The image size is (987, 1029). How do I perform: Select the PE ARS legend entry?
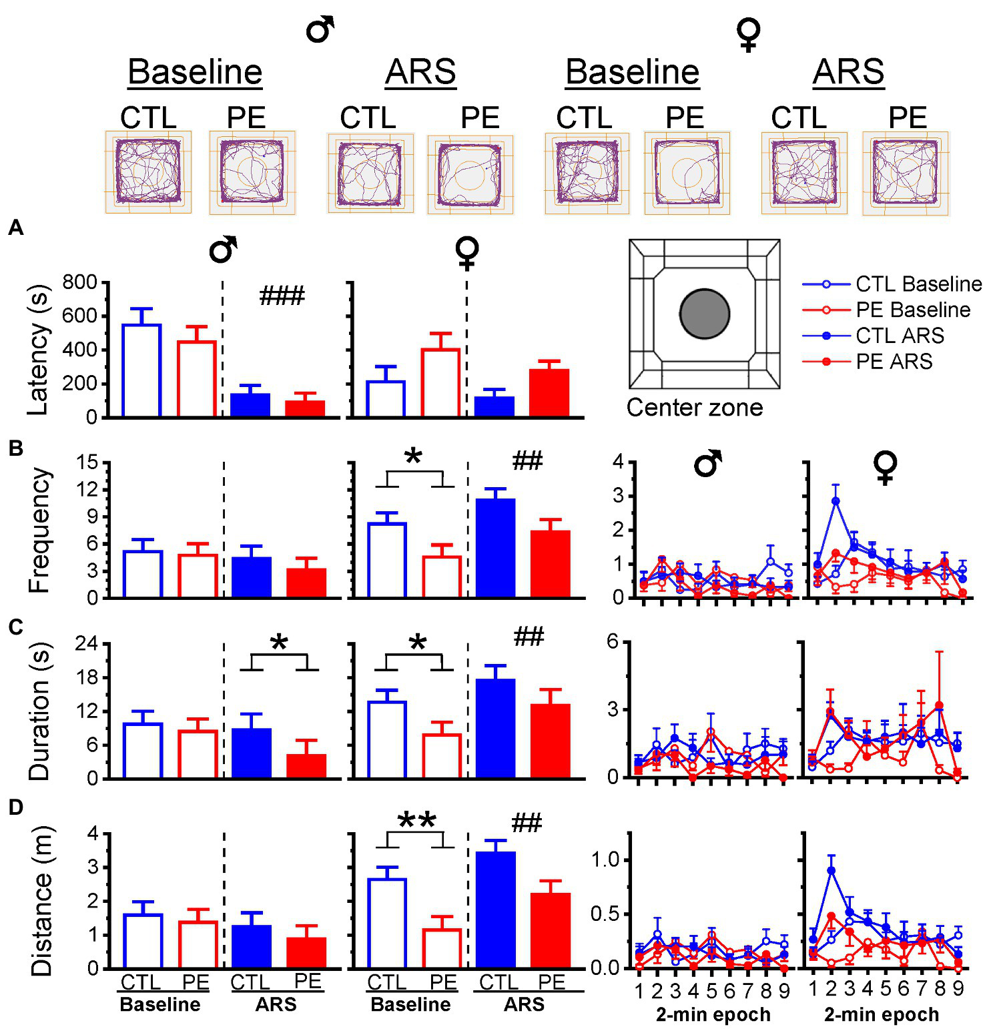[894, 362]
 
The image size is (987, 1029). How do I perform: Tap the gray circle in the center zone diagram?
[704, 314]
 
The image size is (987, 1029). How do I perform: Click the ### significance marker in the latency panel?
[282, 295]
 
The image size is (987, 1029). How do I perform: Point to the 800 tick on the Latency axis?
[79, 282]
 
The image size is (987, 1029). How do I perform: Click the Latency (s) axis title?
[39, 348]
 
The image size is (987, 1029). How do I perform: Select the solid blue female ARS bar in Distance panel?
[497, 909]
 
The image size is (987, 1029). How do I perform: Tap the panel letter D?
[15, 807]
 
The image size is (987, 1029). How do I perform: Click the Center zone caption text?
[694, 407]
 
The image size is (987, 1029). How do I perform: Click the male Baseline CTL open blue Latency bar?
[141, 370]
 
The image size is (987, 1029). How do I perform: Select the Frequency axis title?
[39, 530]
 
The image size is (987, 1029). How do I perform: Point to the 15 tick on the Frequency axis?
[85, 462]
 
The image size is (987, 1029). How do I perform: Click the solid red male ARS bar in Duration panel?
[306, 766]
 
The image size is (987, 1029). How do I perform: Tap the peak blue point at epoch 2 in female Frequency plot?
[836, 500]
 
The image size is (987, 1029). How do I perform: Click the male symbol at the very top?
[320, 29]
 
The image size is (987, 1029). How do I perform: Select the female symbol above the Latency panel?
[466, 252]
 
